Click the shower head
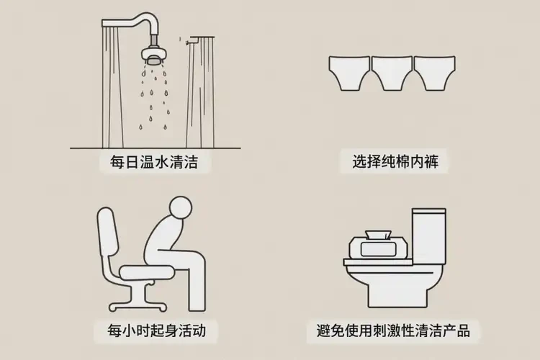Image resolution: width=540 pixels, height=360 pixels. tap(154, 56)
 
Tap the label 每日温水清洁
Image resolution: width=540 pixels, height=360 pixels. tap(154, 161)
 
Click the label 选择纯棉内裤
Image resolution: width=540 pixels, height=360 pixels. tap(395, 161)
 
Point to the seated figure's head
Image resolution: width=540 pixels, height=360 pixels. tap(180, 207)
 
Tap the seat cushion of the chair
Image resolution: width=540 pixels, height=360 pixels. tap(146, 272)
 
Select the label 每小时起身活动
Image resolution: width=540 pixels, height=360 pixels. tap(157, 330)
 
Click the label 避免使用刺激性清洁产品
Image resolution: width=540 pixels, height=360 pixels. tap(393, 330)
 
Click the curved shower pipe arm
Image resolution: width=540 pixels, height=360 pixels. tap(138, 21)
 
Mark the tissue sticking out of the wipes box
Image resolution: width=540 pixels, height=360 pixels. tap(379, 234)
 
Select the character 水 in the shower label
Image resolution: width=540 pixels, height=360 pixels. tap(163, 161)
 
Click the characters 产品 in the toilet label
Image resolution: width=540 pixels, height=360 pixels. tap(456, 330)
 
